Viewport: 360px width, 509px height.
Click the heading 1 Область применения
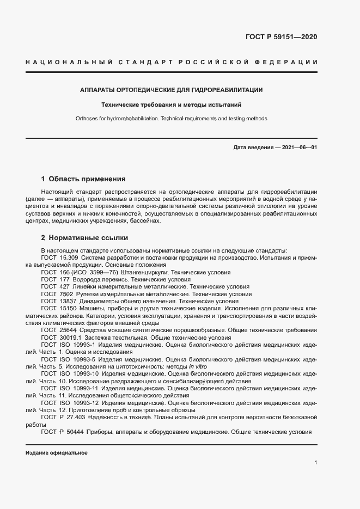pyautogui.click(x=83, y=179)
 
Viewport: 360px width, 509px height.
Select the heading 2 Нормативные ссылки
pyautogui.click(x=84, y=238)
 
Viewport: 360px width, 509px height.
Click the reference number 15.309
pyautogui.click(x=69, y=257)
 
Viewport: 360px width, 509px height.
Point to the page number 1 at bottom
pyautogui.click(x=315, y=462)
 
